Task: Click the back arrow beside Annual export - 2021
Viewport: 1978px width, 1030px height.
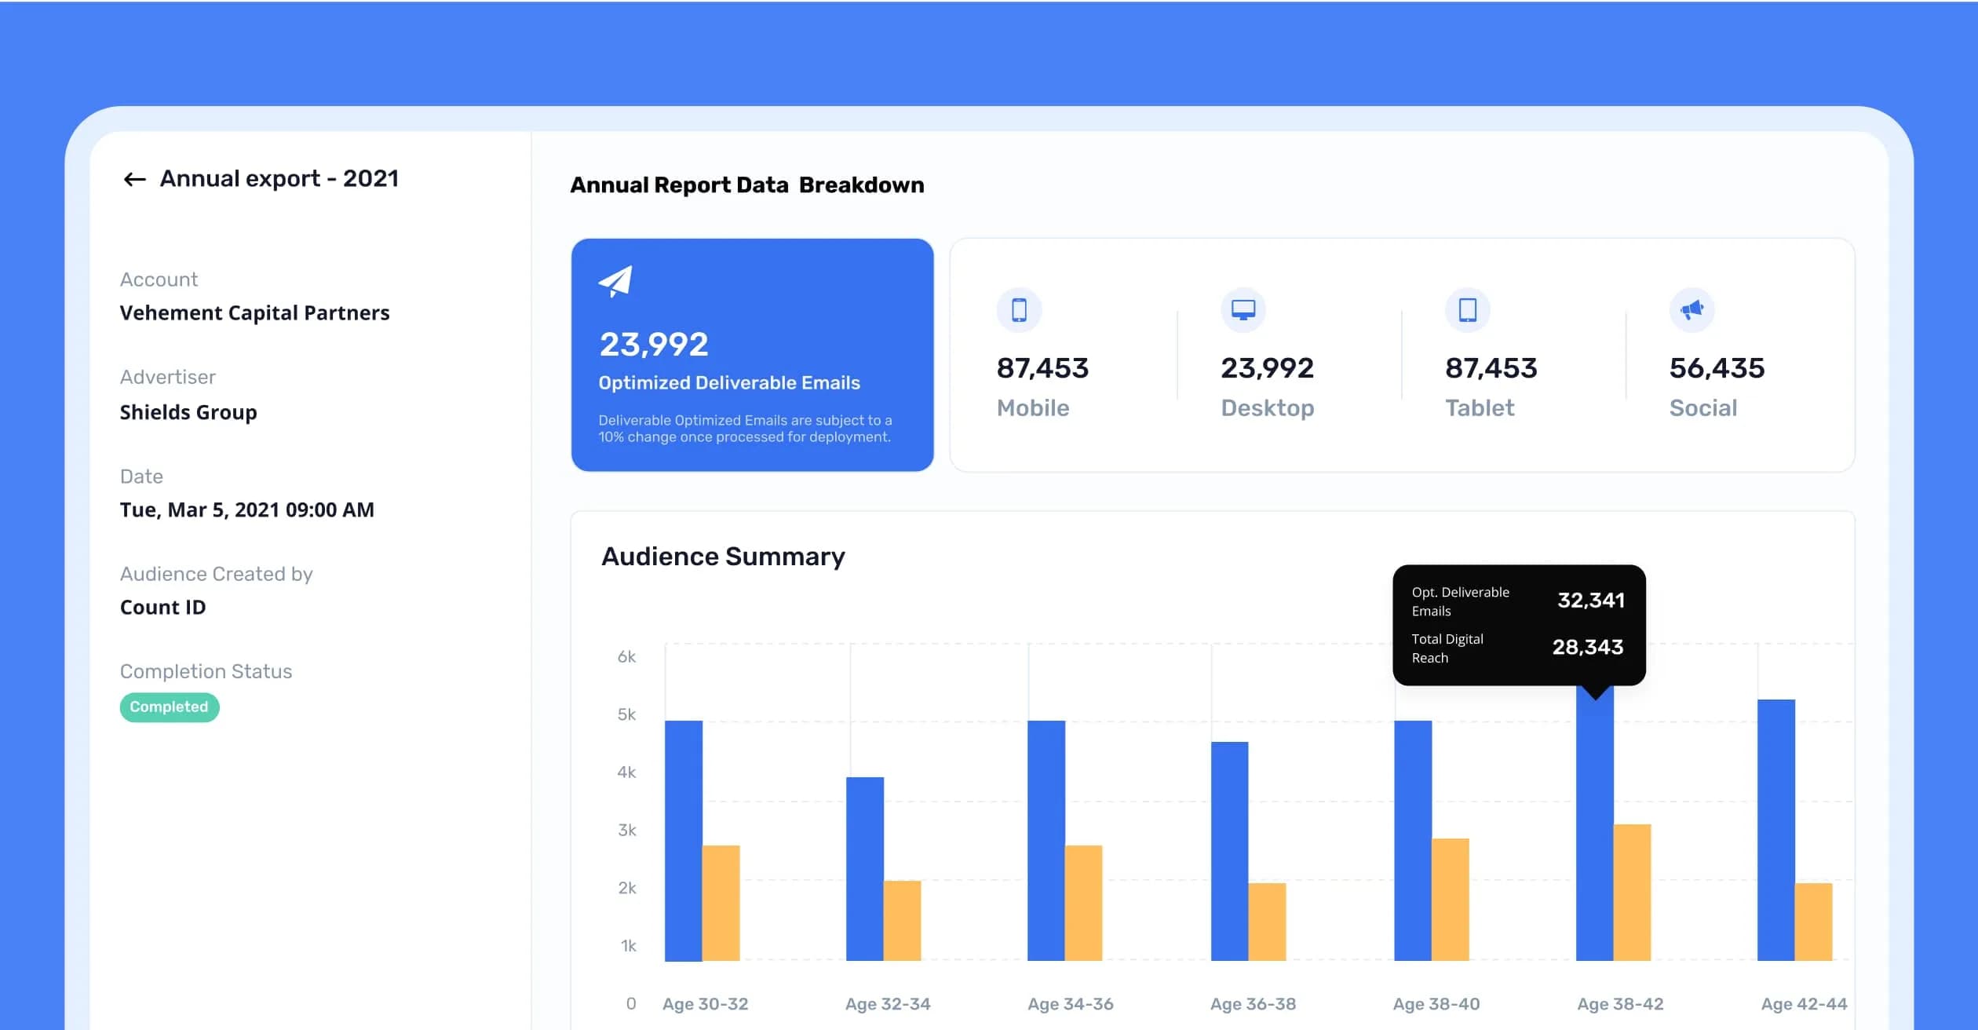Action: pyautogui.click(x=135, y=180)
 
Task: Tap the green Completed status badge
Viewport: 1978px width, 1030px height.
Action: pyautogui.click(x=170, y=707)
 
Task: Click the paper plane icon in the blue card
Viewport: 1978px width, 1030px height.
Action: pyautogui.click(x=615, y=281)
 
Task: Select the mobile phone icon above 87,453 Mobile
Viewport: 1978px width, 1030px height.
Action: pyautogui.click(x=1019, y=309)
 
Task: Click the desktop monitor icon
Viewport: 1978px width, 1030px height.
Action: pyautogui.click(x=1243, y=309)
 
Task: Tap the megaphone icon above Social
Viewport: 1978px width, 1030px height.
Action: pyautogui.click(x=1692, y=309)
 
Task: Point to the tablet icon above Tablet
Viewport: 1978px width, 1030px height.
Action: pyautogui.click(x=1467, y=309)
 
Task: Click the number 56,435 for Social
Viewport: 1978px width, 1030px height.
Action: pyautogui.click(x=1717, y=368)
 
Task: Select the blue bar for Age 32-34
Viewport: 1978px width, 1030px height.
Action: pyautogui.click(x=865, y=869)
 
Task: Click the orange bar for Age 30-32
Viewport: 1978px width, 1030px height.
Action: pyautogui.click(x=721, y=903)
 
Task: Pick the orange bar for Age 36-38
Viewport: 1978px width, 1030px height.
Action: pyautogui.click(x=1267, y=922)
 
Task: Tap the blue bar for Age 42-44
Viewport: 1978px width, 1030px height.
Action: pyautogui.click(x=1776, y=830)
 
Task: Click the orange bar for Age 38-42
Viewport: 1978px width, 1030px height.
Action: pyautogui.click(x=1632, y=893)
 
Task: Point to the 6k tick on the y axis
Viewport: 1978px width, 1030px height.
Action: pyautogui.click(x=626, y=656)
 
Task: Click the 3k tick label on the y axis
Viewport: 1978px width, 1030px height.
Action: pyautogui.click(x=626, y=830)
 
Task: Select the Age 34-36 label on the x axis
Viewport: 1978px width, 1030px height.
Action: pyautogui.click(x=1071, y=1004)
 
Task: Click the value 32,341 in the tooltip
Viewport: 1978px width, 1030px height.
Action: pyautogui.click(x=1591, y=601)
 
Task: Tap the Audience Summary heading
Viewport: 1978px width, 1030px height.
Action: pyautogui.click(x=723, y=557)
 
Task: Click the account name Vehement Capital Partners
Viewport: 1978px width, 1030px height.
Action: pyautogui.click(x=254, y=313)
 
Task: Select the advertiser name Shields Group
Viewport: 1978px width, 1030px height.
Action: pyautogui.click(x=188, y=412)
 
